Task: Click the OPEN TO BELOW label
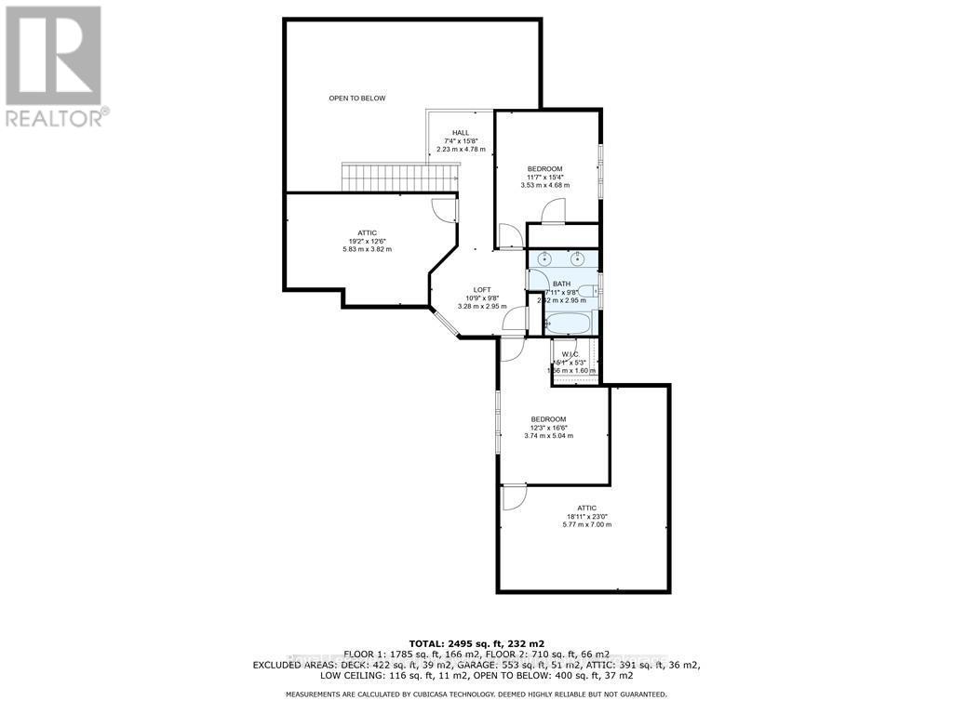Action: pyautogui.click(x=356, y=98)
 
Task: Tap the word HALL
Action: pyautogui.click(x=461, y=132)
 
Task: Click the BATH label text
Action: pyautogui.click(x=561, y=284)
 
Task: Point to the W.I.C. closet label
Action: pyautogui.click(x=570, y=354)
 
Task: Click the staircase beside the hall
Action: pyautogui.click(x=400, y=177)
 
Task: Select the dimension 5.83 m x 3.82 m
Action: pyautogui.click(x=366, y=249)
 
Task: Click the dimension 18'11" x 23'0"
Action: pyautogui.click(x=586, y=516)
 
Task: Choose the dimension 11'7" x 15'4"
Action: pyautogui.click(x=544, y=177)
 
